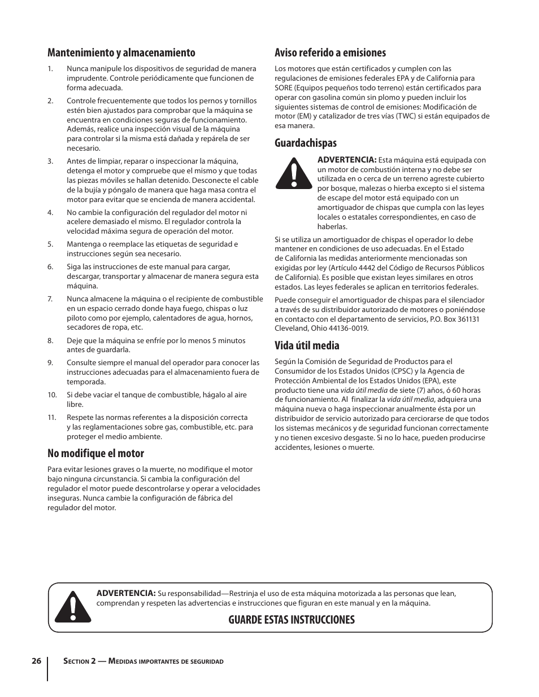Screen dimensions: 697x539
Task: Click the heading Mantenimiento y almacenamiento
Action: click(x=121, y=52)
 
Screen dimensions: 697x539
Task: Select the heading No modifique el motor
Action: click(x=95, y=453)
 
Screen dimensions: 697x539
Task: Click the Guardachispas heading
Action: click(x=305, y=143)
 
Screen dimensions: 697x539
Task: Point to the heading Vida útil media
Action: click(x=307, y=345)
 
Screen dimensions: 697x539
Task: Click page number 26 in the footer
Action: click(x=36, y=661)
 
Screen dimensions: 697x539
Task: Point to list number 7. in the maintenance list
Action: click(x=50, y=299)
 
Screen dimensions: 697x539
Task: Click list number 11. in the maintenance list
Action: click(x=52, y=418)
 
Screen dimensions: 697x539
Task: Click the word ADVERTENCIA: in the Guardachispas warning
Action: click(x=346, y=160)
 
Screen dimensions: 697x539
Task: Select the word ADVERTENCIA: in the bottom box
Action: click(x=125, y=593)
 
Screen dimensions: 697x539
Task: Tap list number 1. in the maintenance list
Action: click(x=50, y=69)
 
